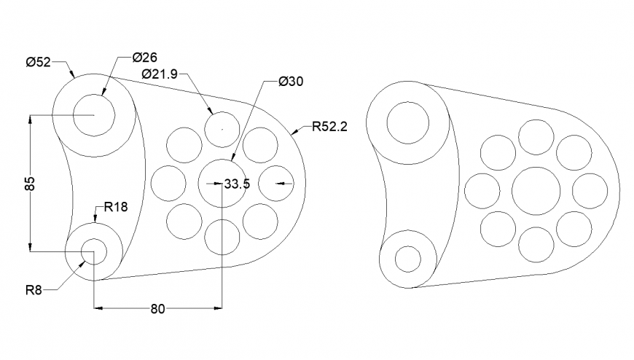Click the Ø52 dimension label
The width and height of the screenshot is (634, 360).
(38, 63)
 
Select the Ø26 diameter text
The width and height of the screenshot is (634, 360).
(145, 58)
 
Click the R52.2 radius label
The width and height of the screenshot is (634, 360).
(329, 127)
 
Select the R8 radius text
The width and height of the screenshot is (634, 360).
(33, 290)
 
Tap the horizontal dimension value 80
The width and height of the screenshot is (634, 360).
(157, 309)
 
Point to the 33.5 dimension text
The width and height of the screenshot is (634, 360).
(237, 184)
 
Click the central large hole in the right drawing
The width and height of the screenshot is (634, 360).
(536, 191)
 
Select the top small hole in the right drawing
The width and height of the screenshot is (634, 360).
(536, 137)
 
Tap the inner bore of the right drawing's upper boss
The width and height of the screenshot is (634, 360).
(407, 122)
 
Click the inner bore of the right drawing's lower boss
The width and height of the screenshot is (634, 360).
(407, 259)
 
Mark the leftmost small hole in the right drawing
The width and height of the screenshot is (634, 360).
(482, 191)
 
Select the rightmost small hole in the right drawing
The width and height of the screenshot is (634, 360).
(590, 191)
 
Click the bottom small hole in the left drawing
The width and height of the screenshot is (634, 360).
(222, 236)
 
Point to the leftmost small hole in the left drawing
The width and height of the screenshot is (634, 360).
(168, 183)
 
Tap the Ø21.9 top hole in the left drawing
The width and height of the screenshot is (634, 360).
(222, 129)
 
